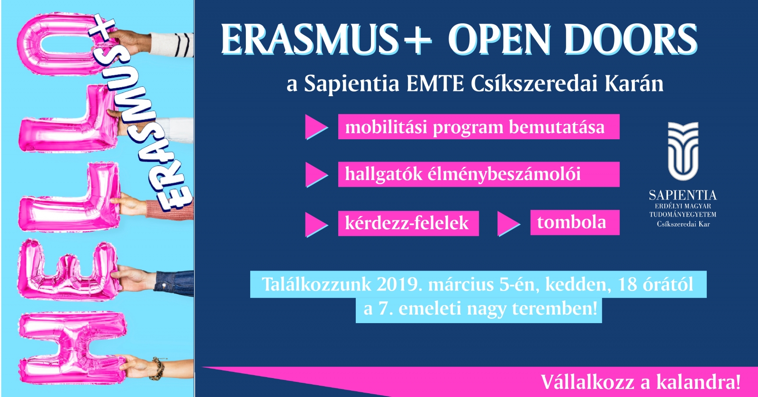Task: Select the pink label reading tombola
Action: click(575, 222)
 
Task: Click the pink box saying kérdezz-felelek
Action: click(408, 223)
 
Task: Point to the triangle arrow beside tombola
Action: click(508, 224)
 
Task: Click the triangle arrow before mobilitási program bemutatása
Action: click(316, 127)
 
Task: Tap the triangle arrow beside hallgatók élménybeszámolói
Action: click(316, 175)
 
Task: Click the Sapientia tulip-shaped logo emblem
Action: click(683, 151)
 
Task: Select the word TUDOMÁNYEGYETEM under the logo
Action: click(683, 215)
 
